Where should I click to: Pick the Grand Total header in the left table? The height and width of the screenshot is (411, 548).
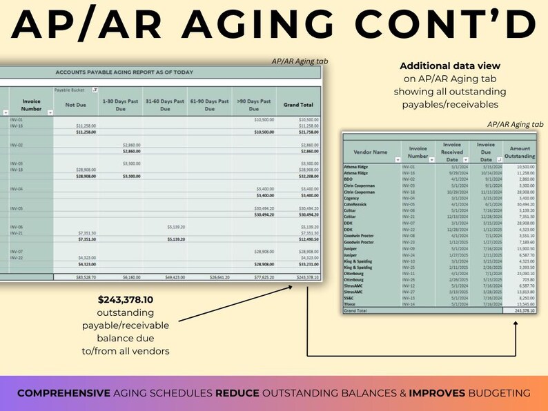[x=299, y=105]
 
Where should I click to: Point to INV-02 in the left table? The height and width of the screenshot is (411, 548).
[x=17, y=145]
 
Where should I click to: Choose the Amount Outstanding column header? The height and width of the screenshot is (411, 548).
[x=518, y=152]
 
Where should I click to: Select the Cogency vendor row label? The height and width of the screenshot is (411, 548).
[x=352, y=198]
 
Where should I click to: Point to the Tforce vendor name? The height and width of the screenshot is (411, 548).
[x=351, y=303]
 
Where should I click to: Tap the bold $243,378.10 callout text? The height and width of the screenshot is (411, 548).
[x=126, y=301]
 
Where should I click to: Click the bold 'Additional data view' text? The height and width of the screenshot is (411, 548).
[x=450, y=66]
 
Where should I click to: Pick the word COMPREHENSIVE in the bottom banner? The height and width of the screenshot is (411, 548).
[x=63, y=393]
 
